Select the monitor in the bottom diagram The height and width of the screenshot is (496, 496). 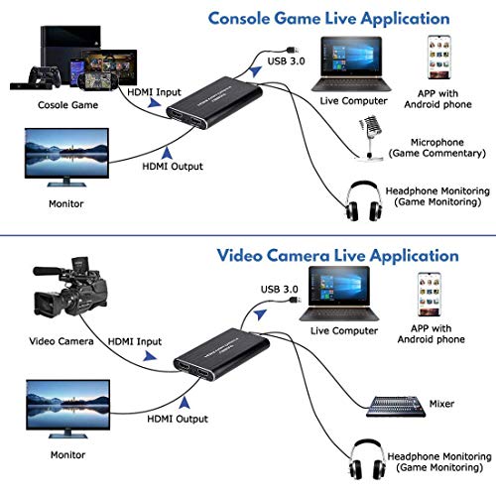tap(62, 408)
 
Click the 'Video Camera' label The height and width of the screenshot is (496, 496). tap(62, 340)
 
